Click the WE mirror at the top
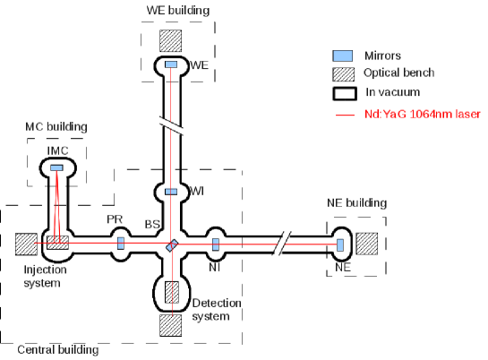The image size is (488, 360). (171, 64)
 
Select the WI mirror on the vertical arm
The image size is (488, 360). (171, 192)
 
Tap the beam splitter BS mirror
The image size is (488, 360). (171, 244)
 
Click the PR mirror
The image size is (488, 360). (121, 243)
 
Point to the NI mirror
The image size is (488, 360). (216, 243)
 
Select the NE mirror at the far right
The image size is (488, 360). (340, 244)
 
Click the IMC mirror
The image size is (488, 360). (56, 167)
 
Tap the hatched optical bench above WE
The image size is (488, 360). (171, 40)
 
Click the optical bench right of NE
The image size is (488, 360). (367, 244)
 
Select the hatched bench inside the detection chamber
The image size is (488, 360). (171, 292)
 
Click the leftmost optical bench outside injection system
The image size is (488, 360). (26, 244)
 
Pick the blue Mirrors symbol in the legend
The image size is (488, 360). (342, 54)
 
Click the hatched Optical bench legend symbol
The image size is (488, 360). (342, 73)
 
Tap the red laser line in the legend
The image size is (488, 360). (342, 115)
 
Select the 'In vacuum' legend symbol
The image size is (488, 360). (342, 92)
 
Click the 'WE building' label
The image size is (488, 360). (178, 10)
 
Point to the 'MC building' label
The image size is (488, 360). (56, 126)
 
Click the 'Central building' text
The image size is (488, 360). (56, 350)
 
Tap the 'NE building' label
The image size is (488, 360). (356, 203)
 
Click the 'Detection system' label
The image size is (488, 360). (218, 310)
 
